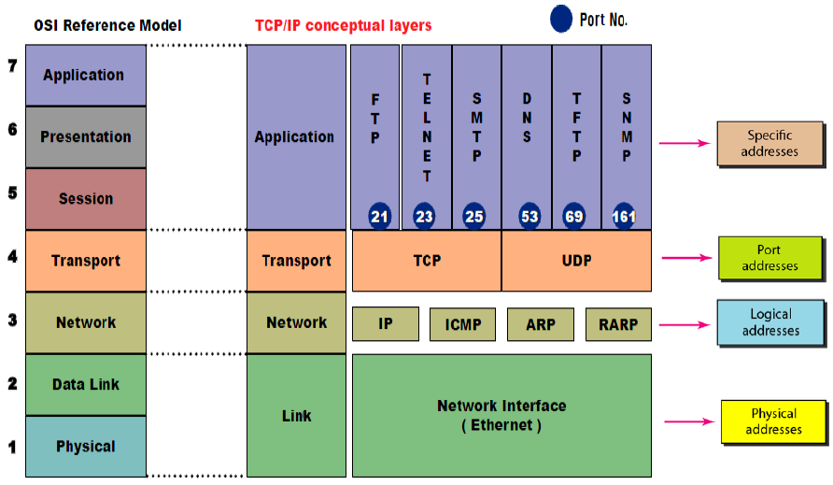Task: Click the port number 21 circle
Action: point(379,216)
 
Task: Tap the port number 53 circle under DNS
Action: point(529,216)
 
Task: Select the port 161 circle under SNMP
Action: point(624,216)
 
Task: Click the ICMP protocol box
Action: point(462,324)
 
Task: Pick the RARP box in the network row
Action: point(618,324)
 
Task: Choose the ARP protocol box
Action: point(541,324)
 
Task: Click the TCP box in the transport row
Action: point(427,261)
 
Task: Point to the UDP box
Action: point(576,261)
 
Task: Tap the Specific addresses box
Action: point(769,144)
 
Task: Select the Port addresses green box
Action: point(770,258)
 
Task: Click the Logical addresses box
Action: point(770,322)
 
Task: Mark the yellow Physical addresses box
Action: point(773,421)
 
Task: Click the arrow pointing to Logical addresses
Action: point(685,325)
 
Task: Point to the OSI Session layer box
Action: point(86,199)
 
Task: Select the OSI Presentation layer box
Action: point(86,137)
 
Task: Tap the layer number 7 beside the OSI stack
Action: point(12,66)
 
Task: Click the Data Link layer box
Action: point(86,384)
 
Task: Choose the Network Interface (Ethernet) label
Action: point(501,415)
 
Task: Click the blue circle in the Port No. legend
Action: point(561,19)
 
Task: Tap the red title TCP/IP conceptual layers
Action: point(343,25)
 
